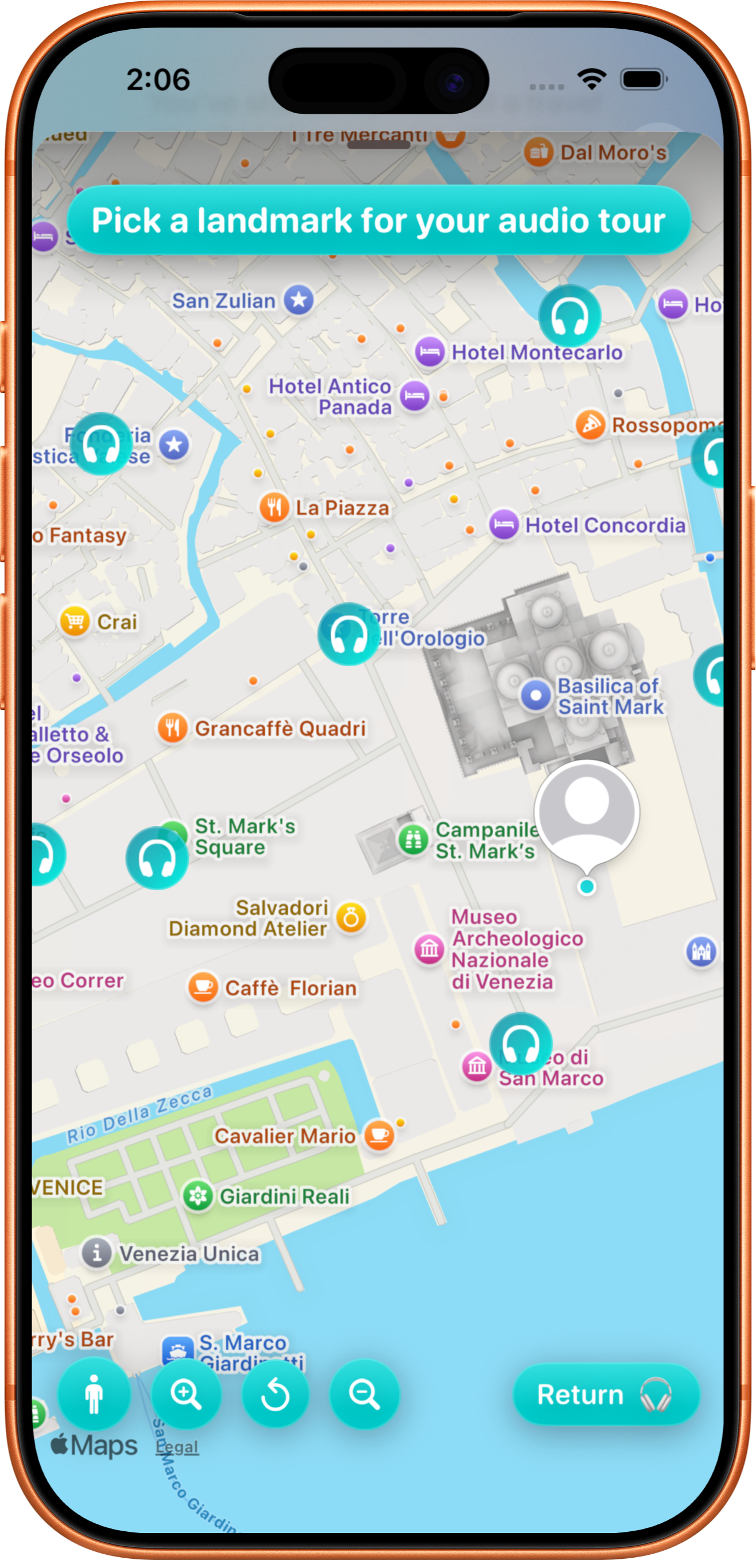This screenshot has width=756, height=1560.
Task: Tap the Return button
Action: click(605, 1395)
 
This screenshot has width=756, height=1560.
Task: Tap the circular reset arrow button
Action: click(276, 1395)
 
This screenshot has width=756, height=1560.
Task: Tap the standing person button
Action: click(94, 1395)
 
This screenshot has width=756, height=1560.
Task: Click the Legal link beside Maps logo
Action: click(177, 1447)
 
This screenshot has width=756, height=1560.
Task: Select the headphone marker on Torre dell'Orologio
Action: click(348, 634)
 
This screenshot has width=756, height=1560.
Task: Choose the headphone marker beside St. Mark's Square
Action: click(157, 858)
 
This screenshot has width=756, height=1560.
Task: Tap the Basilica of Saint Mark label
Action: click(610, 696)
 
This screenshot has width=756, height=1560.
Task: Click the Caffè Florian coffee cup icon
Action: click(203, 988)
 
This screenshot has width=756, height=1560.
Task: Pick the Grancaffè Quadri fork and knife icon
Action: click(173, 727)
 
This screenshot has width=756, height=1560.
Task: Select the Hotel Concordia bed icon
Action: click(504, 524)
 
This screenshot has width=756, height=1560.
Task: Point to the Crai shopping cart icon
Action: click(75, 621)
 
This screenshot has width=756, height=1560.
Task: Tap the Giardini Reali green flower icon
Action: click(198, 1196)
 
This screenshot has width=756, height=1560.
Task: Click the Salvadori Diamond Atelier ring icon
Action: click(352, 918)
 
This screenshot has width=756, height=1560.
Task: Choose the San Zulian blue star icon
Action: click(299, 300)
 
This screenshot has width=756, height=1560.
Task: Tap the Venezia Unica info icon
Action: click(97, 1253)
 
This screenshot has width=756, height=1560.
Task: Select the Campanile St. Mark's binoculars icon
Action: click(413, 840)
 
